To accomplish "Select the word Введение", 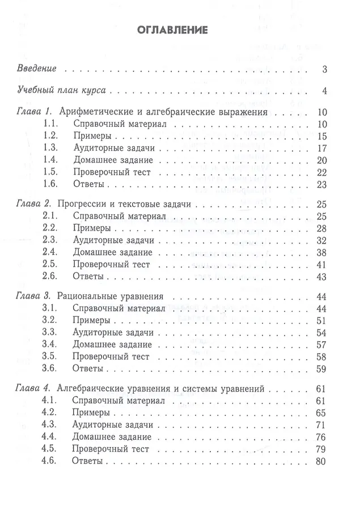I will click(36, 69).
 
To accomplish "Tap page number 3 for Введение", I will click(324, 70).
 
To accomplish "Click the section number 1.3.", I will click(52, 148).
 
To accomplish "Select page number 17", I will click(322, 148).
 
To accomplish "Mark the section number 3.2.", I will click(52, 320).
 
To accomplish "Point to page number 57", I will click(322, 345).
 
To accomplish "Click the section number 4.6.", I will click(52, 462).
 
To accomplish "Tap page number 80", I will click(322, 462).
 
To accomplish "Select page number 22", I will click(322, 173).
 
